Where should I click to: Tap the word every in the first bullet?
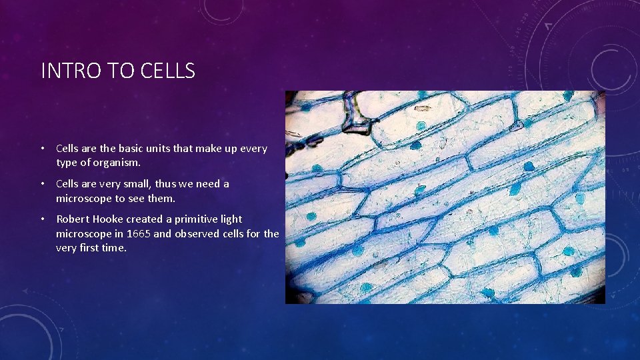[x=253, y=149]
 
